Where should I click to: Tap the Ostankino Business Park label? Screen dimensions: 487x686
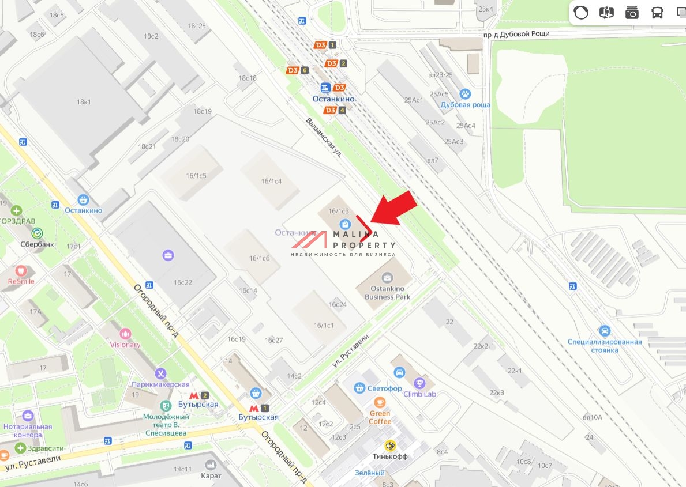(x=387, y=293)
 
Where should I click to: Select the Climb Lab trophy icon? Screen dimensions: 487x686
(x=419, y=383)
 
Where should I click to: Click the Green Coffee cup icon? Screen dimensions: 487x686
(x=379, y=402)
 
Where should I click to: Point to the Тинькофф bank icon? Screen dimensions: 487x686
(x=390, y=446)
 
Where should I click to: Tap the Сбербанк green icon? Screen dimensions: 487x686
(x=38, y=233)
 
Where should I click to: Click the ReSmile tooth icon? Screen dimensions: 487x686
(x=21, y=270)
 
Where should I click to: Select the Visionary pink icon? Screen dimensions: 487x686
(x=125, y=333)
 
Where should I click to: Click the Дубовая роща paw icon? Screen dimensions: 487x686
(x=465, y=94)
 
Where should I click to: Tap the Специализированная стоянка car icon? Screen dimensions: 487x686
(x=605, y=331)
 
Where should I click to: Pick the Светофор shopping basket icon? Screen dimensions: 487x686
(x=359, y=388)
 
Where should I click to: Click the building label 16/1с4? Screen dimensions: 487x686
(x=271, y=181)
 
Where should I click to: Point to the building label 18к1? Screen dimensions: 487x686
(x=84, y=102)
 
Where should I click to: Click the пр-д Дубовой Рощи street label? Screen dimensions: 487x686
(x=516, y=34)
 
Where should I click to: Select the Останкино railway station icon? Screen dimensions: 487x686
(x=325, y=88)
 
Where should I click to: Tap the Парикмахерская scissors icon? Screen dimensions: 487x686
(x=160, y=373)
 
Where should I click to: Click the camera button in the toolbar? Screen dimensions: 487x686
(x=632, y=13)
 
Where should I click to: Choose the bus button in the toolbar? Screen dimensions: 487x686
(x=657, y=13)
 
